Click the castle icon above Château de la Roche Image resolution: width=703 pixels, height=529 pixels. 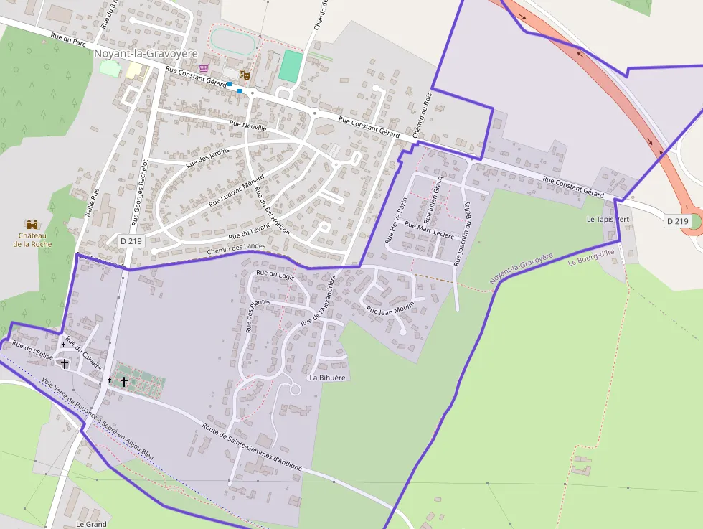tap(32, 224)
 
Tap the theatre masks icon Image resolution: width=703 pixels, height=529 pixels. tap(244, 73)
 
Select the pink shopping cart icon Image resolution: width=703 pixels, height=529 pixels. tap(204, 68)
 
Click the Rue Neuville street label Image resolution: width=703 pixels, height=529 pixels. tap(247, 126)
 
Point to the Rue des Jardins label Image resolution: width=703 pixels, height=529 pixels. tap(208, 157)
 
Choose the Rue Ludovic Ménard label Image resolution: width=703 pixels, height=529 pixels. tap(237, 190)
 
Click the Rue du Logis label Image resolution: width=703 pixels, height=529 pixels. tap(275, 274)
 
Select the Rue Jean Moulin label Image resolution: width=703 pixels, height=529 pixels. tap(390, 308)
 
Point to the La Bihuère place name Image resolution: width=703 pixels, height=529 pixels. tap(327, 378)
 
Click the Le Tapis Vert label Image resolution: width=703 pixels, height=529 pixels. tap(608, 219)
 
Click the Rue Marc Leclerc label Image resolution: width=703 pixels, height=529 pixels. tap(429, 231)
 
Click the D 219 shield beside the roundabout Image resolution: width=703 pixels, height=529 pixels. tap(676, 221)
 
